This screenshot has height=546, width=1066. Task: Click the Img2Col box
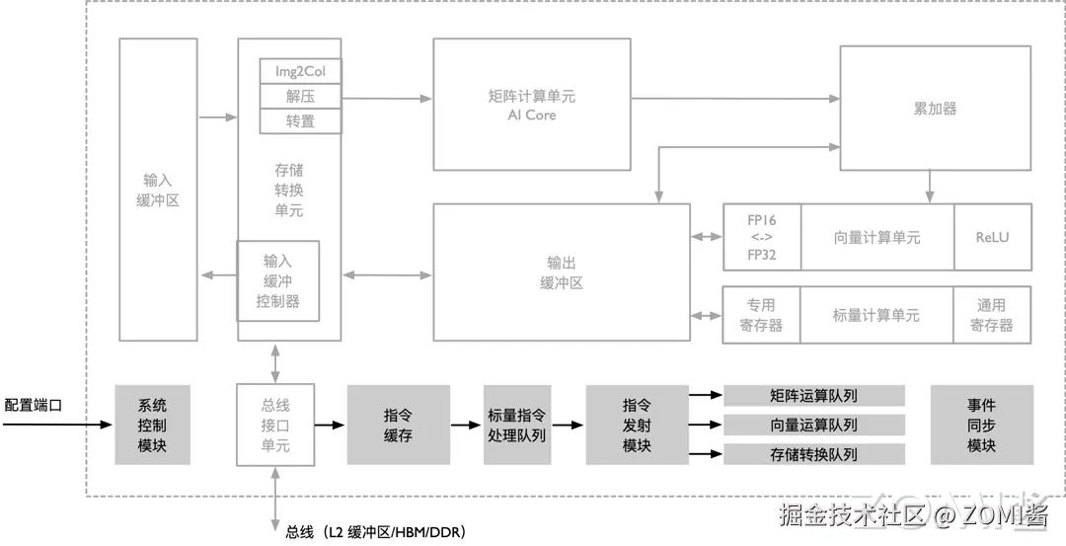300,71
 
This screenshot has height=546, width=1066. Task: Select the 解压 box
300,97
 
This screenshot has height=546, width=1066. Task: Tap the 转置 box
300,121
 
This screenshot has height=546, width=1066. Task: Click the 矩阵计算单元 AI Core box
532,105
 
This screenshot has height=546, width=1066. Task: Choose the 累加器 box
935,109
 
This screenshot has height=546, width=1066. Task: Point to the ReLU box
992,237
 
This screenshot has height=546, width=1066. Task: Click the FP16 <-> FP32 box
761,237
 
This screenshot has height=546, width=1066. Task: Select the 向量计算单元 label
876,237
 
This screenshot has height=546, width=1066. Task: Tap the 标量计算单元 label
876,315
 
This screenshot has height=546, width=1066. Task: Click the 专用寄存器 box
761,315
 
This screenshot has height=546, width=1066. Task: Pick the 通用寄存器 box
992,315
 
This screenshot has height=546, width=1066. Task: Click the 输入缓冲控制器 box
277,280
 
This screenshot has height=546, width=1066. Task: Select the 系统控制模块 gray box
152,425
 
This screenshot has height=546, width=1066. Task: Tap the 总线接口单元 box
275,425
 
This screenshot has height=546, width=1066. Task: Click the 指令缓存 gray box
398,425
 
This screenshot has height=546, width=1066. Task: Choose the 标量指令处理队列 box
516,425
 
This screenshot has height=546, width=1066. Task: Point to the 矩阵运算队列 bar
814,396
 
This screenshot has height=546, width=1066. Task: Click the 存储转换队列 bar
814,454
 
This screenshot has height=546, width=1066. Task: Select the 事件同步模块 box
981,425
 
